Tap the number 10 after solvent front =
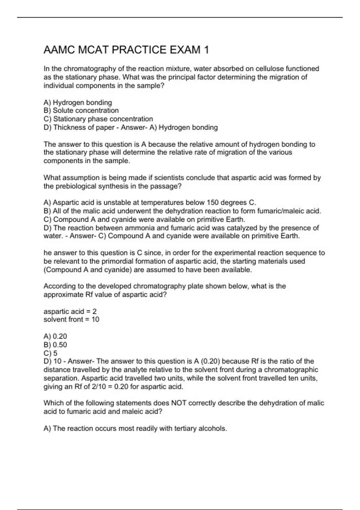(x=95, y=319)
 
